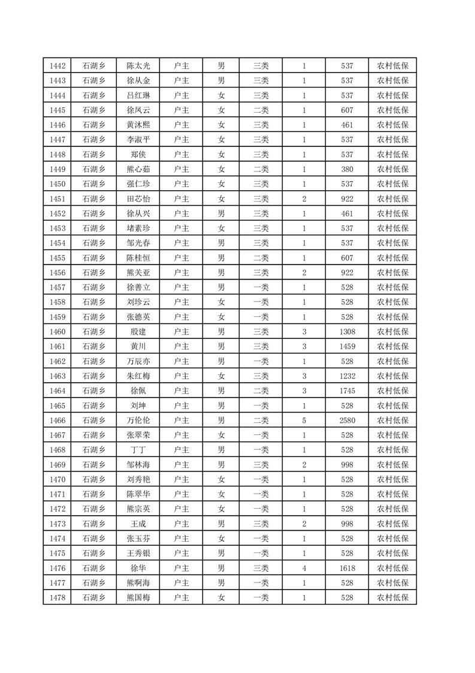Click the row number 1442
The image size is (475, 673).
(58, 66)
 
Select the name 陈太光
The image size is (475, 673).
(138, 66)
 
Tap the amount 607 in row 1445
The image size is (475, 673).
(347, 110)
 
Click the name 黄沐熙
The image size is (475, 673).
(138, 125)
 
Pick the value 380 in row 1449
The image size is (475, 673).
(347, 169)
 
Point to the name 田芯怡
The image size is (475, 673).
(138, 199)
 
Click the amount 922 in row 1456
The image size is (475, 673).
(347, 272)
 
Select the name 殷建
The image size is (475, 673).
(138, 332)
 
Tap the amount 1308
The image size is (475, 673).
(347, 332)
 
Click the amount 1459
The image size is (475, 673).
(347, 346)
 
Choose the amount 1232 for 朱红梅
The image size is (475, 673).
(347, 376)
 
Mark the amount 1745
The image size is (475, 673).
(347, 390)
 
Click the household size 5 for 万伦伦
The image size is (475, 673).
(304, 420)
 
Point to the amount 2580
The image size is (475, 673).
(347, 420)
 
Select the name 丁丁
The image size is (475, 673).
(138, 450)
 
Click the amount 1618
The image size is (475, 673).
(347, 568)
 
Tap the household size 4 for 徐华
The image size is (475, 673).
(304, 568)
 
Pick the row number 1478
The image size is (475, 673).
(58, 597)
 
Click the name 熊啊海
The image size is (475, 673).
(138, 583)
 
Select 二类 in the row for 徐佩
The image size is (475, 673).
(261, 390)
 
